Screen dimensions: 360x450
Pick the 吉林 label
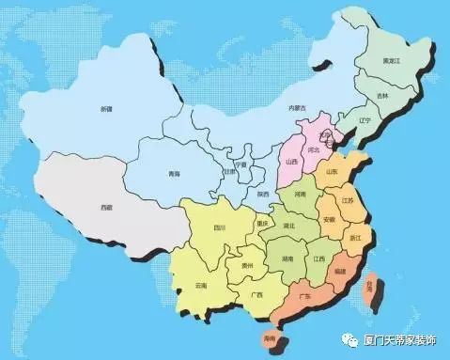382,96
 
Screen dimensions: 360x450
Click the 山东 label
332,173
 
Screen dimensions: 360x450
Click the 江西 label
319,258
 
